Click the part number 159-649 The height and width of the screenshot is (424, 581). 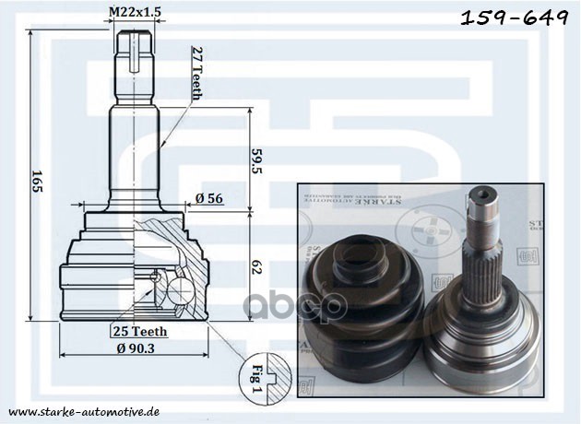tap(514, 19)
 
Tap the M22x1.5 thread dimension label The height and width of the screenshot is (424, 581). tap(136, 11)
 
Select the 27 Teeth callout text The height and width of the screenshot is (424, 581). tap(196, 73)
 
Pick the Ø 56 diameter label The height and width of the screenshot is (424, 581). tap(207, 197)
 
